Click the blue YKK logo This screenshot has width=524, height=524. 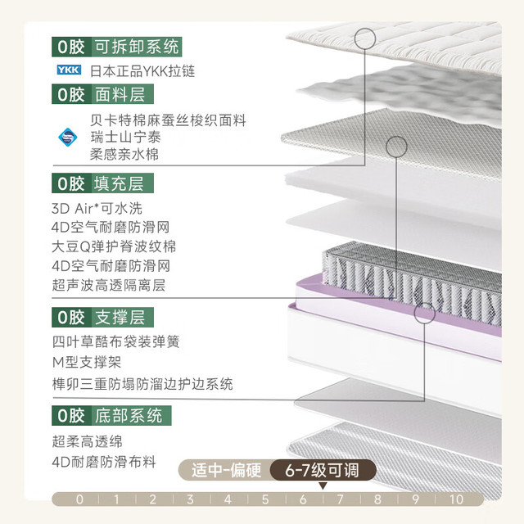69,70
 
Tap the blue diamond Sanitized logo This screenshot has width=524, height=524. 68,137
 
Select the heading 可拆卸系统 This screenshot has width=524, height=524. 137,47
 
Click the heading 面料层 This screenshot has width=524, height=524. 120,94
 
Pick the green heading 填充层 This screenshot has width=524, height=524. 119,183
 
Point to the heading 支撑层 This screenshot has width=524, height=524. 120,317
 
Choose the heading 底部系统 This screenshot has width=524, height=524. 129,415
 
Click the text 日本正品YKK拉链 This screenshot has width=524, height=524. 142,71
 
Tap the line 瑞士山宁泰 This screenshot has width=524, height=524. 125,137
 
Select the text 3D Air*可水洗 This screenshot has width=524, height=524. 97,209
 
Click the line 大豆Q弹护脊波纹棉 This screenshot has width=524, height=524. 114,246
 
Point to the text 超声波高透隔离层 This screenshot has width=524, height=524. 109,285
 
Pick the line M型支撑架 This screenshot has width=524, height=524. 87,362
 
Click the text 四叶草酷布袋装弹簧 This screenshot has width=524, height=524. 116,341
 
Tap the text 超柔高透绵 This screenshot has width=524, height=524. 88,441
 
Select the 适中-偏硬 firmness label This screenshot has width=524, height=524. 226,470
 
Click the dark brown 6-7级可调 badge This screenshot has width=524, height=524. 323,470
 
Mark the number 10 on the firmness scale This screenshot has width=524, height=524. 457,499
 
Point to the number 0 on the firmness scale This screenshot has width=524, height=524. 79,499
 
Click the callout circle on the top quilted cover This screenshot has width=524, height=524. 365,38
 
